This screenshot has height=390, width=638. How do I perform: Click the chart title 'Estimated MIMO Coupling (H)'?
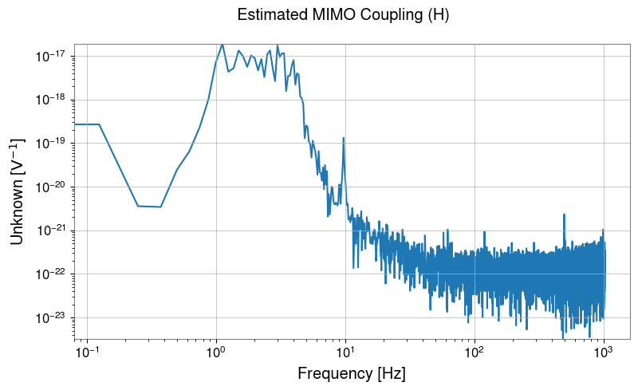[343, 15]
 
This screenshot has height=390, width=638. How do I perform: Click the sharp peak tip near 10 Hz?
[344, 138]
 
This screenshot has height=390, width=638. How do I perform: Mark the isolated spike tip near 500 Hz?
[564, 215]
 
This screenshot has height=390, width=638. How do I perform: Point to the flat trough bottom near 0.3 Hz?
[150, 207]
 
